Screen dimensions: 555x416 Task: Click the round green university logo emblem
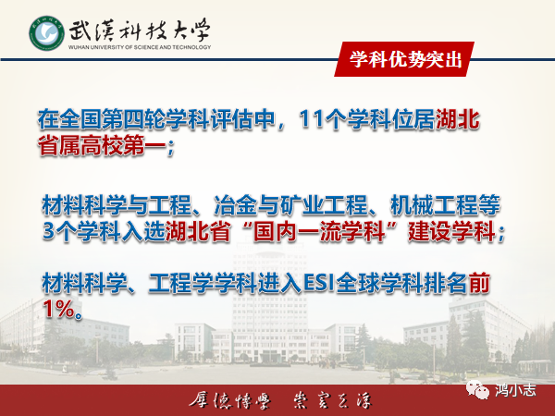[47, 33]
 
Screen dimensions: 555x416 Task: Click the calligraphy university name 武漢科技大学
[140, 31]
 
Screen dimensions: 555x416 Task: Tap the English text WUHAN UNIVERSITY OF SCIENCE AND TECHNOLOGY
[140, 47]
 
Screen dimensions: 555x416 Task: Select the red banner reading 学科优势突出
[404, 59]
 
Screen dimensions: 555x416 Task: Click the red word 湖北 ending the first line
[458, 119]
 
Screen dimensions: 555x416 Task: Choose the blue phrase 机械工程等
[445, 205]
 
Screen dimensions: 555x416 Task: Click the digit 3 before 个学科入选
[48, 232]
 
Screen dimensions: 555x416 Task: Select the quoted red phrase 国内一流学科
[319, 232]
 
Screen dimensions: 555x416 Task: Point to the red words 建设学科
[451, 232]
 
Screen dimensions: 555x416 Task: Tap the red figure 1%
[58, 309]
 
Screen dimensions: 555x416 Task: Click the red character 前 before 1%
[479, 284]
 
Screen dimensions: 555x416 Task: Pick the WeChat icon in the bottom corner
[478, 390]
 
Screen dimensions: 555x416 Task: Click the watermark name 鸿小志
[516, 390]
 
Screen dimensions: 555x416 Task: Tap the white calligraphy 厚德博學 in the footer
[230, 401]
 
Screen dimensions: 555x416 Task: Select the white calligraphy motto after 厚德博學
[333, 401]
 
